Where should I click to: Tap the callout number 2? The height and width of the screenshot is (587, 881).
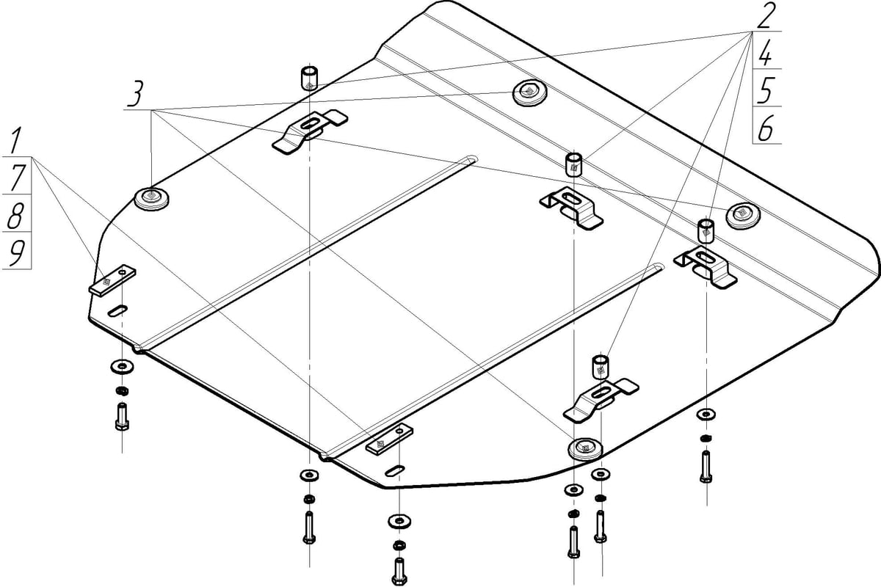(x=766, y=15)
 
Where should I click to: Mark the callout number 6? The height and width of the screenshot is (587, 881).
(x=765, y=129)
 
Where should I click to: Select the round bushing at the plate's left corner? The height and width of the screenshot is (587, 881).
(x=152, y=198)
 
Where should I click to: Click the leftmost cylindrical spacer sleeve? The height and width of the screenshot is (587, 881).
(x=308, y=77)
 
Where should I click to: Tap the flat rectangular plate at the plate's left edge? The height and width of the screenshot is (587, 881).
(x=113, y=280)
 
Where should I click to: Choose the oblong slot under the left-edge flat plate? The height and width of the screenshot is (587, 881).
(x=118, y=310)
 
